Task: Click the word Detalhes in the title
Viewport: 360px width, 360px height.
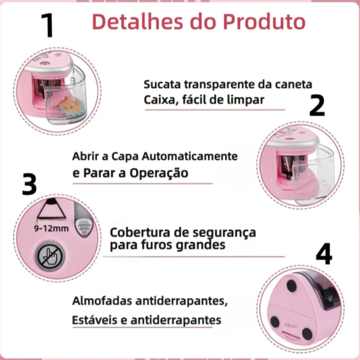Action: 138,22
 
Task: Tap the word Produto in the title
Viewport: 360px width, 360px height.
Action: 264,22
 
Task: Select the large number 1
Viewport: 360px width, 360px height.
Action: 47,25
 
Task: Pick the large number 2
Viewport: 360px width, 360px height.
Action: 317,106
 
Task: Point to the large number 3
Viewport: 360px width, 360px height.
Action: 29,184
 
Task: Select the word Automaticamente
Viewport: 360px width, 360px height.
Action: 190,157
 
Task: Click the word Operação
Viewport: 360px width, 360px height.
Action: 159,173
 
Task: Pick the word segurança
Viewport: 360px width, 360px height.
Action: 224,233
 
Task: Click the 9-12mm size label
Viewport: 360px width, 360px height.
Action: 51,228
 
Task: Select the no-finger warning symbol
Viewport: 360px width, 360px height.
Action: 50,256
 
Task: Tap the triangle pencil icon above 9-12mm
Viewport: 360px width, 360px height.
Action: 51,209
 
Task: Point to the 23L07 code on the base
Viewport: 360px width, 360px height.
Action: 291,325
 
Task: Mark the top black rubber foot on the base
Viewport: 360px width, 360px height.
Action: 292,286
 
